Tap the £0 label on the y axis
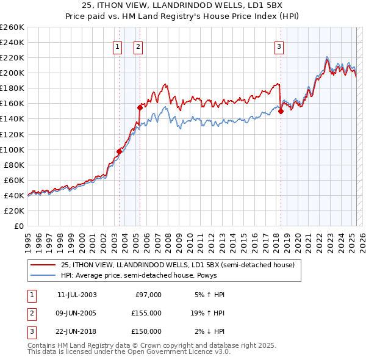[18, 226]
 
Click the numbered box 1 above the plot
[117, 46]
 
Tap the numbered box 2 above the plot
[138, 46]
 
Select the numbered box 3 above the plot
[279, 46]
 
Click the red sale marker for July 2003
[120, 151]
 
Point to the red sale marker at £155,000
[140, 107]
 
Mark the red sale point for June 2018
[281, 111]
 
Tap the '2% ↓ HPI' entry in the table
[210, 331]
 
